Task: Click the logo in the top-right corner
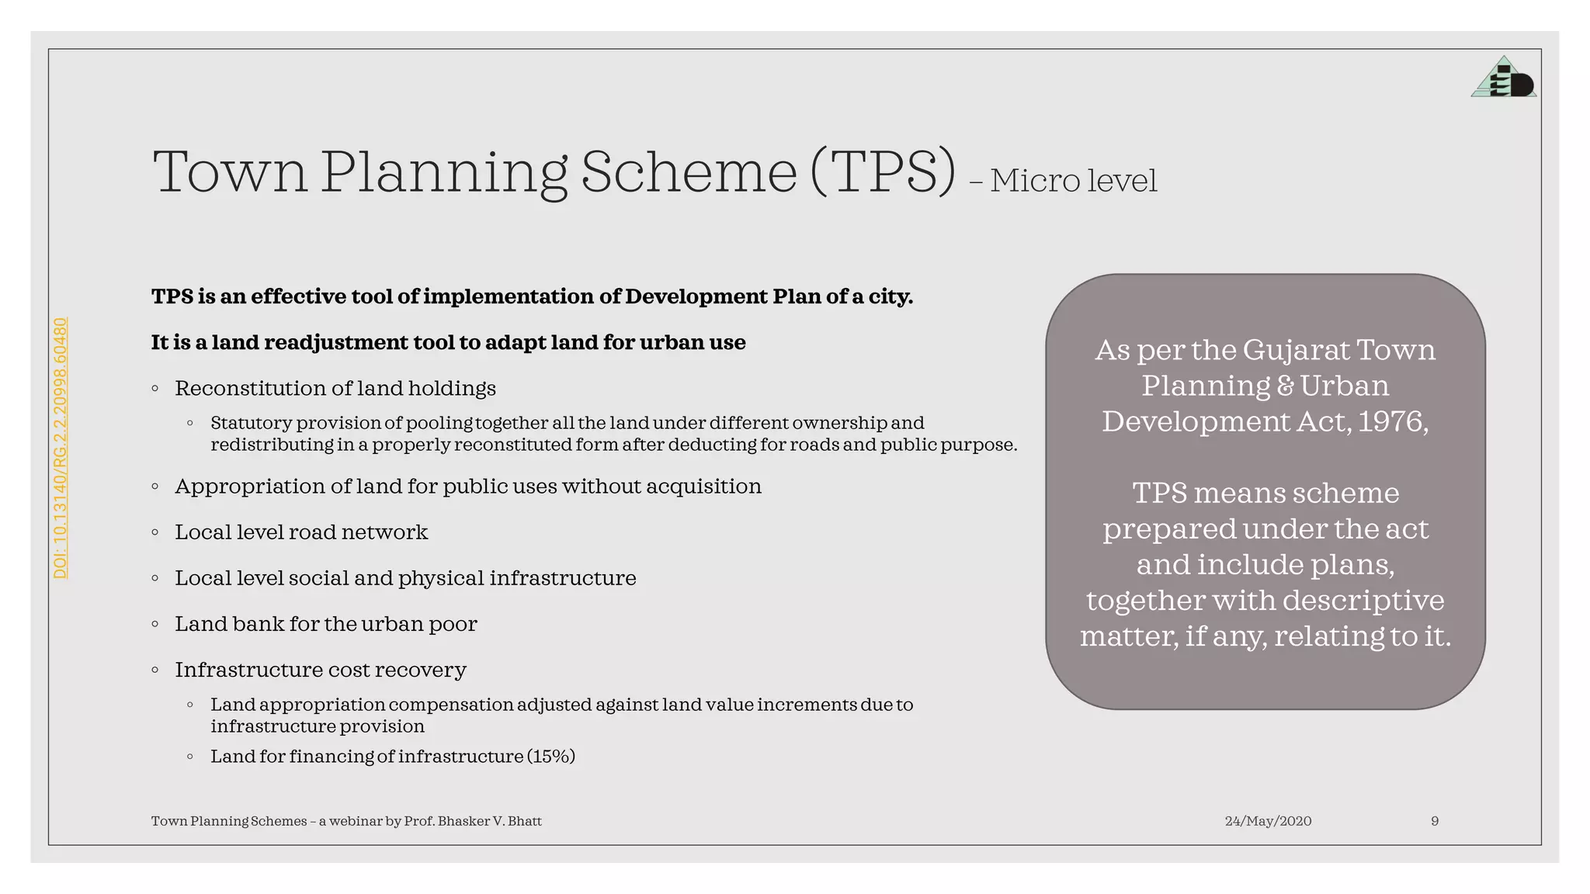(x=1503, y=78)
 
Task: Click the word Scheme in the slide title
(x=689, y=172)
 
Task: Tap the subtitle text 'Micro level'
(x=1073, y=181)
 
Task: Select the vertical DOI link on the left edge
(x=61, y=448)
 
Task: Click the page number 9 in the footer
(x=1435, y=821)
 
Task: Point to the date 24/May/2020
(x=1268, y=821)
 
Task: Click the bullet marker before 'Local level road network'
(x=155, y=532)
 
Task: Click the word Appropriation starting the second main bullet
(x=250, y=487)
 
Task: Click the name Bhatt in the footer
(x=525, y=821)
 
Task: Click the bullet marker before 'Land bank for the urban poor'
(x=155, y=624)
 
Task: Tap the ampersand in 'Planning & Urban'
(x=1285, y=386)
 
